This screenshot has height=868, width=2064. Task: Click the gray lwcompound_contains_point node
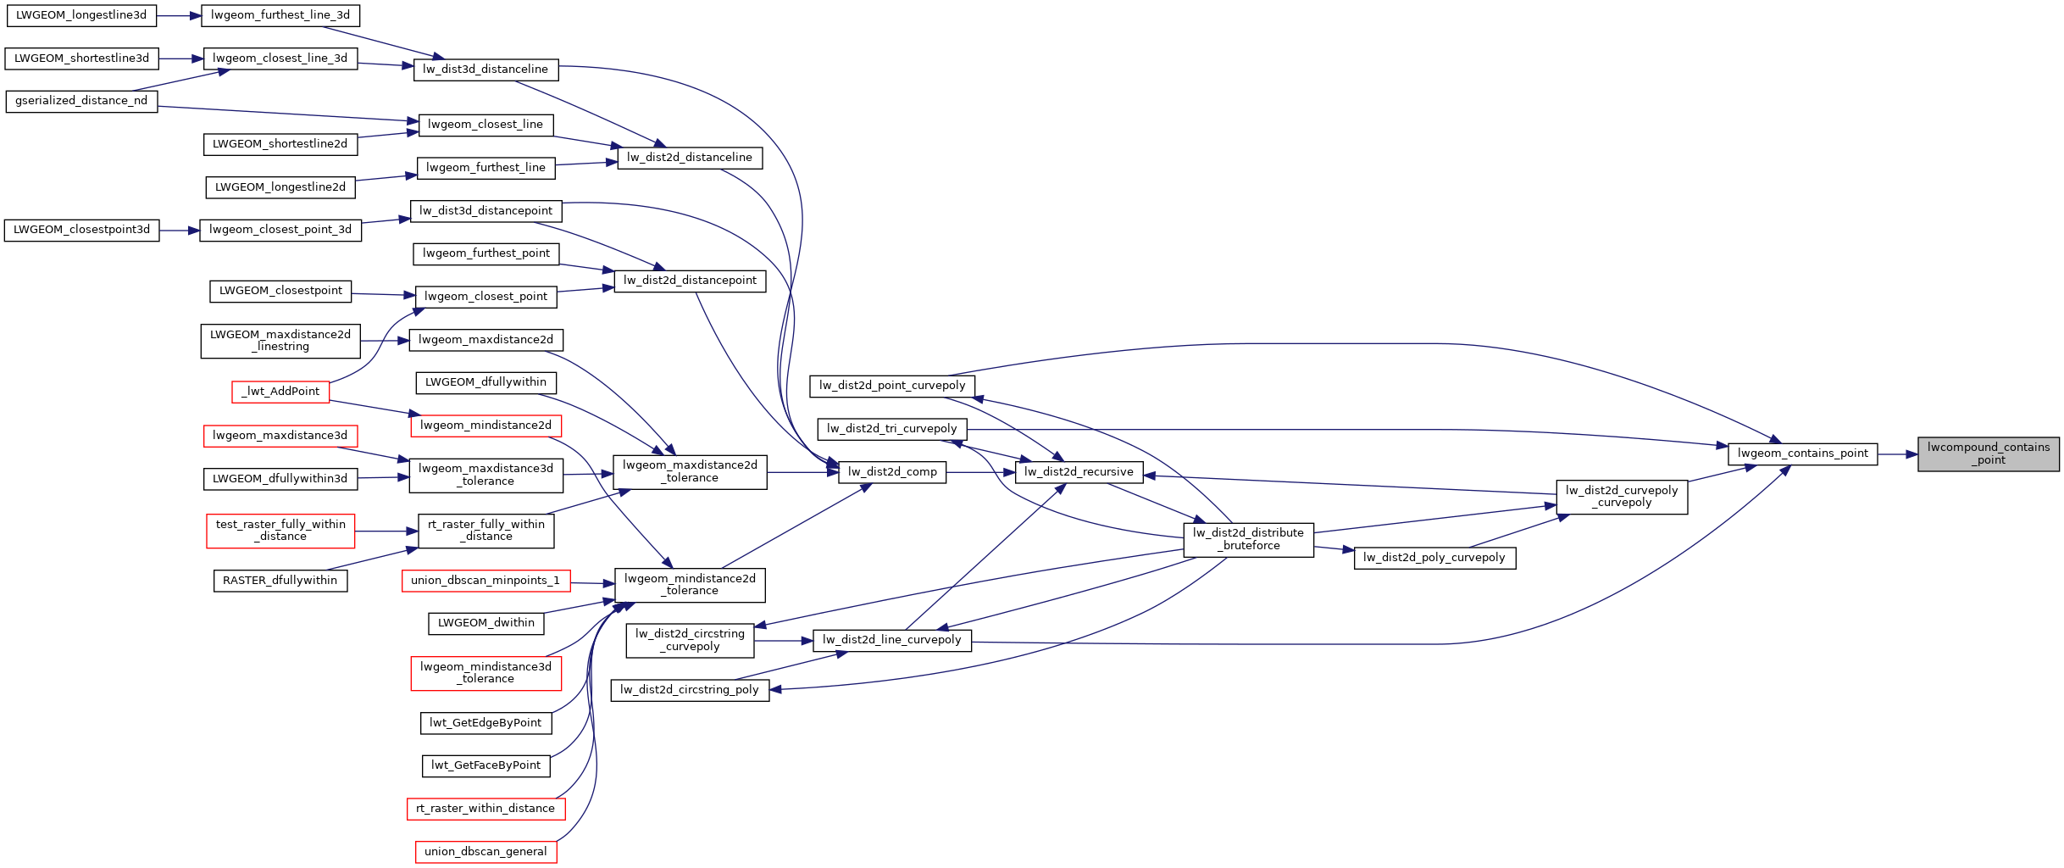tap(1988, 453)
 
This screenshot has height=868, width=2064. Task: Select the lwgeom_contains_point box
tap(1802, 453)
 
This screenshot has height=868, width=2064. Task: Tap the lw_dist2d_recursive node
tap(1079, 472)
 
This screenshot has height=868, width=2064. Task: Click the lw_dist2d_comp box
tap(892, 472)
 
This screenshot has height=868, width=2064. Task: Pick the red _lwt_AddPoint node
tap(280, 392)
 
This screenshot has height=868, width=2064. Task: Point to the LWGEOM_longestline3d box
tap(81, 15)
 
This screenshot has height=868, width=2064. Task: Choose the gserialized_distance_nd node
tap(81, 101)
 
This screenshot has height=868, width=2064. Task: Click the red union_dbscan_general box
tap(485, 852)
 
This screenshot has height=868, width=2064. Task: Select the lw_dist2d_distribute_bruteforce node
tap(1248, 539)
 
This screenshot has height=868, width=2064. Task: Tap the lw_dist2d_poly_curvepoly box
tap(1434, 558)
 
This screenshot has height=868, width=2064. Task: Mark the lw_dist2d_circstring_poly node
tap(690, 690)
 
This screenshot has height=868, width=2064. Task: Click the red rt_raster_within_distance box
tap(485, 809)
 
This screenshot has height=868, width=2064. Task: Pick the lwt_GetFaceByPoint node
tap(485, 765)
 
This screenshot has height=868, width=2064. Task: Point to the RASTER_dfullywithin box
tap(280, 581)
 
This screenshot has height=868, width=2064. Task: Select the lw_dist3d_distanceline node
tap(485, 70)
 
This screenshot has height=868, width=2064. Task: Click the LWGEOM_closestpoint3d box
tap(81, 230)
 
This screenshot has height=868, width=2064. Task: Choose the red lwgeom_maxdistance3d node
tap(280, 436)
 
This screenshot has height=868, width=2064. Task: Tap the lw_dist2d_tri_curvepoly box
tap(892, 429)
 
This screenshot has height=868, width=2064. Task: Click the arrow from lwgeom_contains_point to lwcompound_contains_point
tap(1898, 454)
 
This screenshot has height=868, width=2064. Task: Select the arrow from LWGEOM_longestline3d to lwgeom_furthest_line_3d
tap(179, 15)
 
